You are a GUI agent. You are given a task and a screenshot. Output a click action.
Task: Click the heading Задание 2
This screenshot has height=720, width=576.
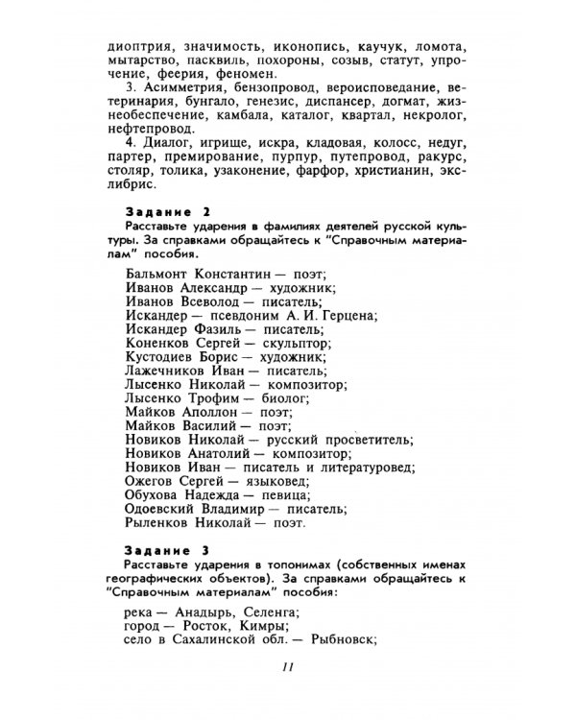click(167, 211)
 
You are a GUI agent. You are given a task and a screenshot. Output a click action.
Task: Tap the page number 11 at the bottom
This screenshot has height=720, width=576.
click(286, 668)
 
